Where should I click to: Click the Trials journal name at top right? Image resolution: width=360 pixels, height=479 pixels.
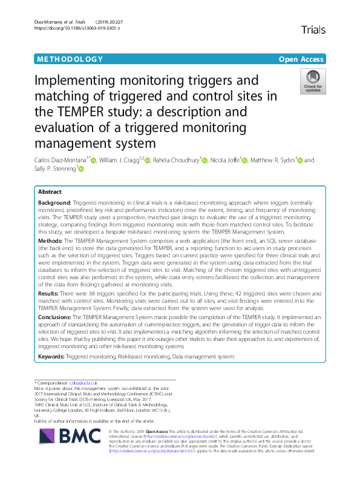click(x=313, y=29)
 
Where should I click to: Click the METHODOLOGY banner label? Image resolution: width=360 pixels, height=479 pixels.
click(x=70, y=59)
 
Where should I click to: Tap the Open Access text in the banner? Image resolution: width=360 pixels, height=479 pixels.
click(x=301, y=59)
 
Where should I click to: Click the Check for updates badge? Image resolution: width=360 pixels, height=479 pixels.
click(x=313, y=81)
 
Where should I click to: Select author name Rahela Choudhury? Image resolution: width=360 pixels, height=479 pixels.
click(x=178, y=160)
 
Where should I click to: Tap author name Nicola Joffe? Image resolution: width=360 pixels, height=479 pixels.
click(x=232, y=160)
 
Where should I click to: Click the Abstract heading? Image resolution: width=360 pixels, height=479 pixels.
click(x=50, y=191)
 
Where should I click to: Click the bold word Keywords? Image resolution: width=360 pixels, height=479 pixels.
click(x=51, y=357)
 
